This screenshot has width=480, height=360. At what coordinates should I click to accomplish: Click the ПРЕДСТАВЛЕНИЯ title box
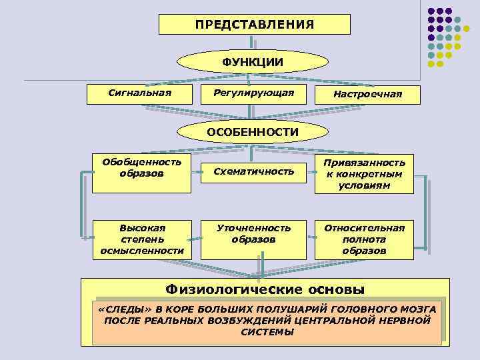254,25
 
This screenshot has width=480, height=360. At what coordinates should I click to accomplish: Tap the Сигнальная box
140,93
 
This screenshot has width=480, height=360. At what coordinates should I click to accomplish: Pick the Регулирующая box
253,93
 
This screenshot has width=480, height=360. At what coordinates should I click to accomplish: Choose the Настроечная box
367,95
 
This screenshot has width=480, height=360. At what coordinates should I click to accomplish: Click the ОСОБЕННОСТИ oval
252,132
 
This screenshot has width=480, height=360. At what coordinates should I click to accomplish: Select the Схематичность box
253,172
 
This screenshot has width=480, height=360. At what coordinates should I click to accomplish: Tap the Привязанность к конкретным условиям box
364,174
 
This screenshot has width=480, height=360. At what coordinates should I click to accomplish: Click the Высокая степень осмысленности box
141,239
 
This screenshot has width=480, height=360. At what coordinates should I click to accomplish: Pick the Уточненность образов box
253,233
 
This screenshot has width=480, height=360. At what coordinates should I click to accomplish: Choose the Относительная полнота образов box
364,239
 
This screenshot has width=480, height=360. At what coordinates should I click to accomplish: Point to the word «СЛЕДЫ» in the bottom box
119,310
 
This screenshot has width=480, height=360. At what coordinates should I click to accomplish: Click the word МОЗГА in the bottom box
419,310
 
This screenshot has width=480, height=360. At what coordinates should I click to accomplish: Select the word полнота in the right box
364,239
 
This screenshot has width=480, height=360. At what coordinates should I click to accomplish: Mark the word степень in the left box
141,239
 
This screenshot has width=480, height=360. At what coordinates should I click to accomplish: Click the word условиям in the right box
364,186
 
